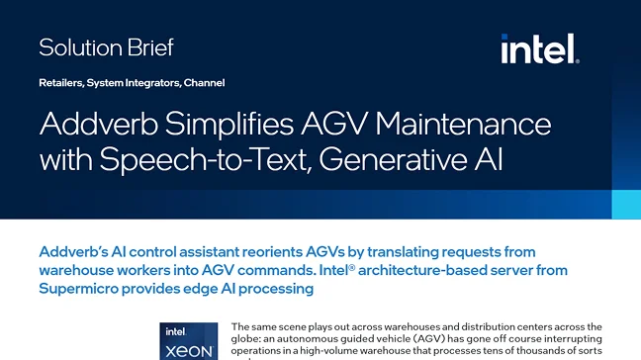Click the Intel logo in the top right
(539, 47)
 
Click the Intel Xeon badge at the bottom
(188, 341)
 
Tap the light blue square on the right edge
(626, 205)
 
